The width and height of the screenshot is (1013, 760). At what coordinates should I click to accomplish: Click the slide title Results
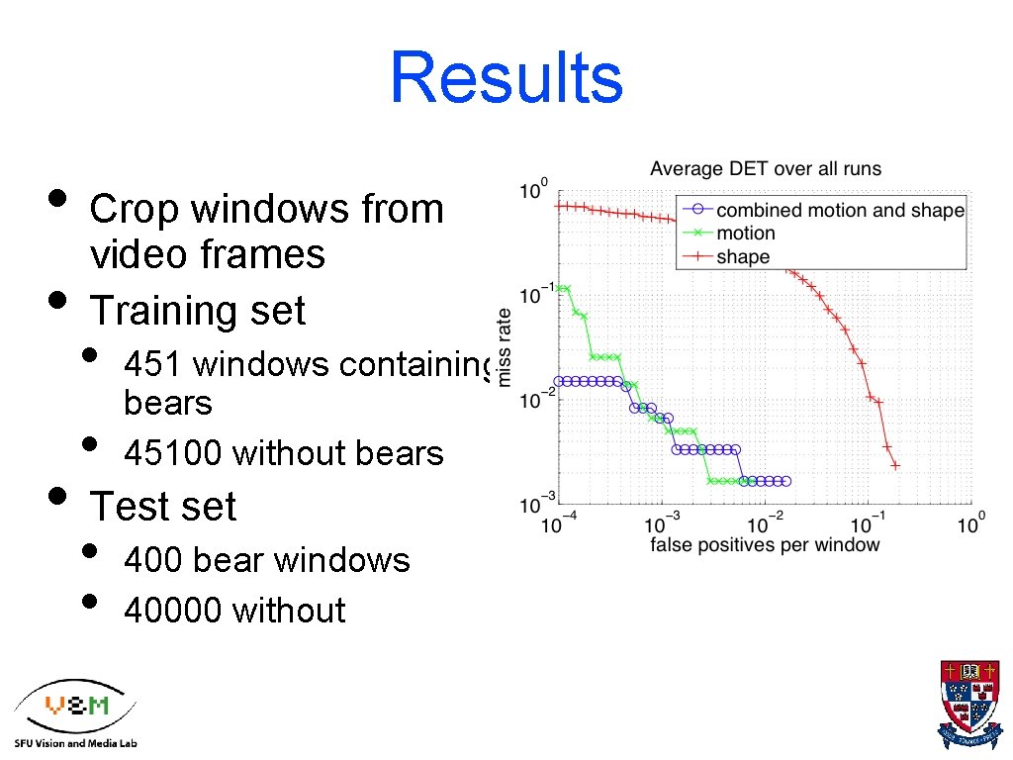click(x=506, y=78)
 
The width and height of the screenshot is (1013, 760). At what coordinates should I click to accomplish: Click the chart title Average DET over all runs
click(x=765, y=169)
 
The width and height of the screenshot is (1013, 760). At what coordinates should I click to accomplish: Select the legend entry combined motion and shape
click(x=839, y=210)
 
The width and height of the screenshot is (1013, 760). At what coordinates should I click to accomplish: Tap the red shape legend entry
click(x=742, y=257)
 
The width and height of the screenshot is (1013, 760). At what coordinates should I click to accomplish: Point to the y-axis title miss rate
click(x=505, y=347)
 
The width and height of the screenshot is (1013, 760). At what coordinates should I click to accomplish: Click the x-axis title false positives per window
click(x=765, y=545)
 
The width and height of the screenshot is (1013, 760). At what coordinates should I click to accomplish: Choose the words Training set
click(x=198, y=311)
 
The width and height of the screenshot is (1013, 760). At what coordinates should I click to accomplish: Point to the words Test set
click(x=163, y=507)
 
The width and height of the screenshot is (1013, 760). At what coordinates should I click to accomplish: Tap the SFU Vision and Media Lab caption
click(x=76, y=742)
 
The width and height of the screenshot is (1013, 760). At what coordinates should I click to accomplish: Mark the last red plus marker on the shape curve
click(x=895, y=465)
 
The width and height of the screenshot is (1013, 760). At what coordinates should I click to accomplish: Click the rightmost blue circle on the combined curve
click(x=786, y=481)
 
